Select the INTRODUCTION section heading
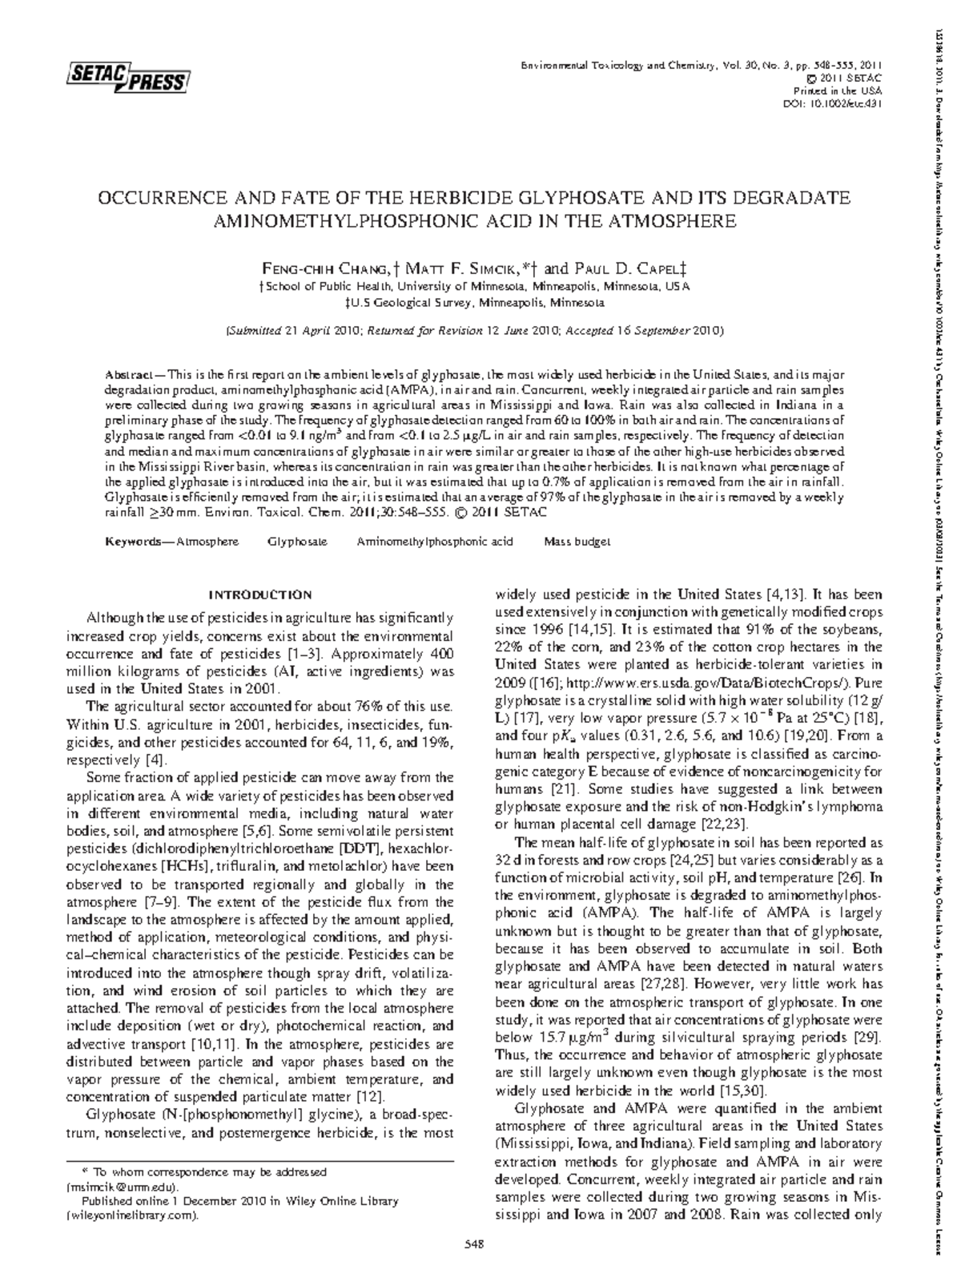tap(260, 595)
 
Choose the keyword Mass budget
tap(577, 542)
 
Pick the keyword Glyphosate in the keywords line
tap(297, 542)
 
